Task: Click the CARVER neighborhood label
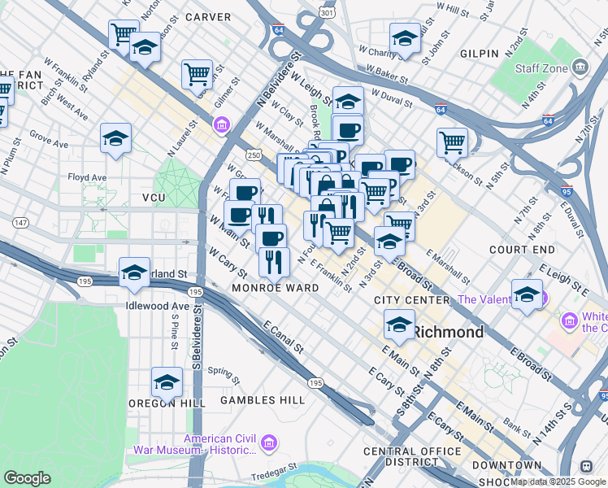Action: click(x=208, y=16)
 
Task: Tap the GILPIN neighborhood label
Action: click(x=479, y=54)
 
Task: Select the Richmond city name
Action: click(x=448, y=332)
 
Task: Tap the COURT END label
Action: click(x=522, y=249)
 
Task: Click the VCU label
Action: click(x=154, y=198)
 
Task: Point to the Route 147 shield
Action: click(x=20, y=222)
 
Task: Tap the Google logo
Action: click(x=27, y=478)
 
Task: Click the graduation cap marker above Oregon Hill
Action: click(x=167, y=381)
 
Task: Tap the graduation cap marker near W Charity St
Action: click(x=405, y=37)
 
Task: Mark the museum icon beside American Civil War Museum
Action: click(x=271, y=443)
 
